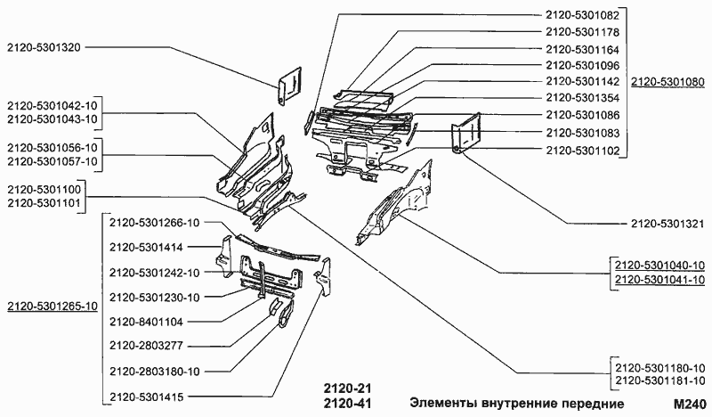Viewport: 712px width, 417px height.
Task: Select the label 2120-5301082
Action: [582, 15]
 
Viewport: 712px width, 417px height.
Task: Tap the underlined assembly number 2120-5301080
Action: [667, 82]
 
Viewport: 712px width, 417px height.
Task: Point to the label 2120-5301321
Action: [667, 224]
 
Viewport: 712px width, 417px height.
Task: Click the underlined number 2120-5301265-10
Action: [52, 307]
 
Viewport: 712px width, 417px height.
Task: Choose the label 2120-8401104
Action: [147, 321]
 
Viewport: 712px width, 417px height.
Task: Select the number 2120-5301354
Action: [582, 98]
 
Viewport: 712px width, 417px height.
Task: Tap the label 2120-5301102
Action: [582, 149]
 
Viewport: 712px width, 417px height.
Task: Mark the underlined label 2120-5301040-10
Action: [659, 266]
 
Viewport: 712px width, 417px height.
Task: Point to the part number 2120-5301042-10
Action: [52, 105]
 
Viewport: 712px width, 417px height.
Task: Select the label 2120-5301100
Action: [44, 190]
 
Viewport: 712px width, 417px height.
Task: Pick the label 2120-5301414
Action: [147, 247]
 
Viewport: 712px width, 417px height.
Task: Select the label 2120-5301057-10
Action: [52, 159]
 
